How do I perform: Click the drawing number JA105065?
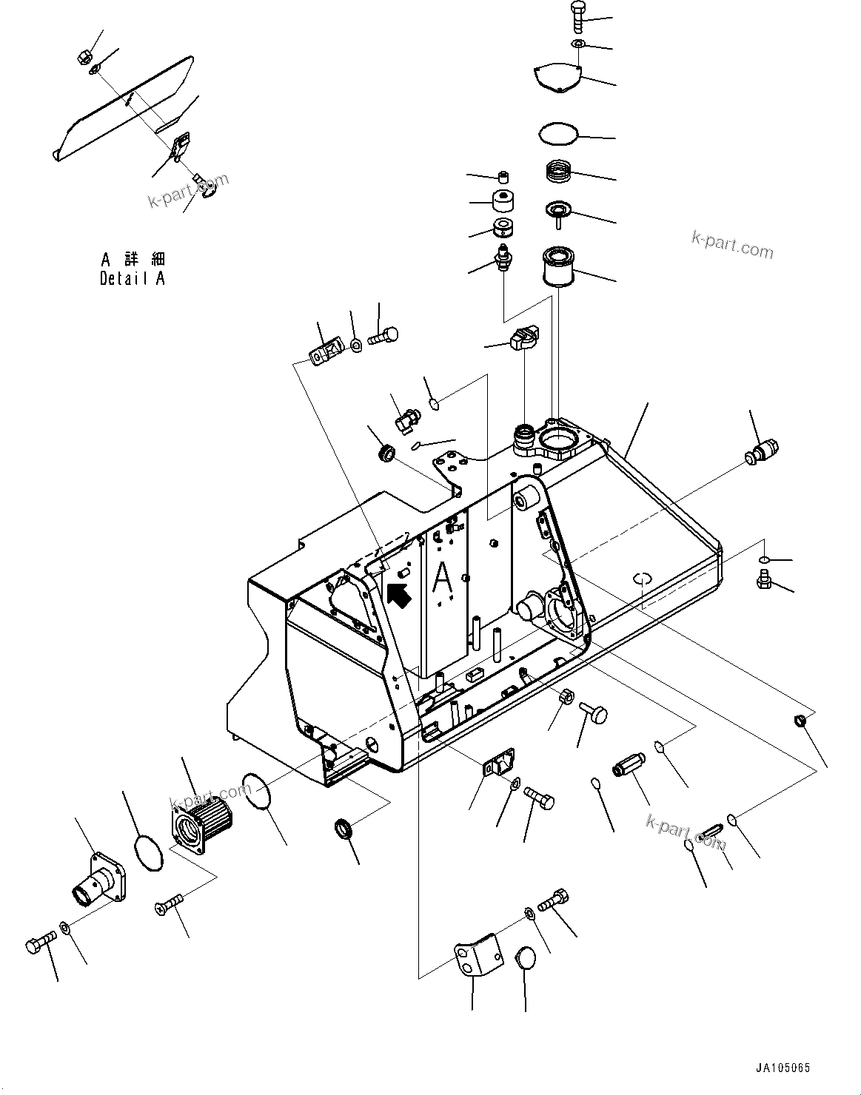pyautogui.click(x=783, y=1068)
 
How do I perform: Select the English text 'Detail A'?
pyautogui.click(x=133, y=279)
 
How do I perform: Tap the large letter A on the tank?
pyautogui.click(x=442, y=577)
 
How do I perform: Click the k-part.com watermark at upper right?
pyautogui.click(x=732, y=243)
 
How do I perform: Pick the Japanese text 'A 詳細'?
pyautogui.click(x=133, y=259)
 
